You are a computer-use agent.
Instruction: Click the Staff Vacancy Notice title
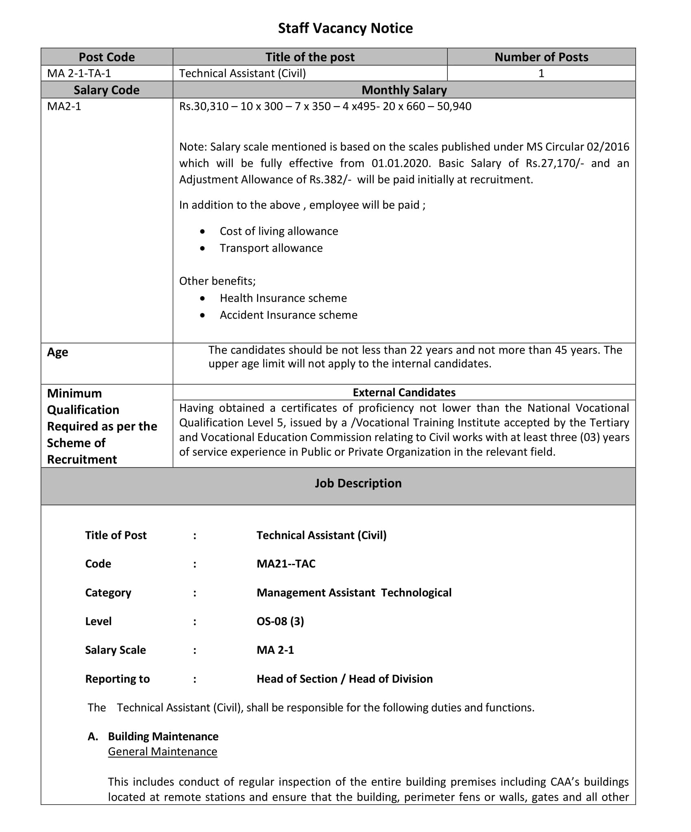point(345,28)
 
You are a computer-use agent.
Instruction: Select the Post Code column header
point(107,57)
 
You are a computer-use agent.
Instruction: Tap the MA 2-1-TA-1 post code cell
point(79,73)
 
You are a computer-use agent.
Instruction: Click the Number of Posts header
point(541,57)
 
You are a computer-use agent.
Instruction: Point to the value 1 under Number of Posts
point(541,73)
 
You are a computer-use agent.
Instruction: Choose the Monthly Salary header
point(404,90)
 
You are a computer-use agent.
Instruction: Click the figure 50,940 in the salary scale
point(454,107)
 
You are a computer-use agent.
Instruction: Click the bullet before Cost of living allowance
point(203,231)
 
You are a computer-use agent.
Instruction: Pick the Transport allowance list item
point(271,248)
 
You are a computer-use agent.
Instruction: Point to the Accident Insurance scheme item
point(288,315)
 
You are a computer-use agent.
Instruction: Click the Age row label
point(58,352)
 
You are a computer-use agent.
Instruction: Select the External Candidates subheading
point(404,392)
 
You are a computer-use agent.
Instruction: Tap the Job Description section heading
point(358,483)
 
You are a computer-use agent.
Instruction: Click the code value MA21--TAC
point(286,563)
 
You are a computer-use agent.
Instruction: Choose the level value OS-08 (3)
point(280,621)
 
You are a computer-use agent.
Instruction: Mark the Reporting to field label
point(118,679)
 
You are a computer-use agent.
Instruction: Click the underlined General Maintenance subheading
point(163,751)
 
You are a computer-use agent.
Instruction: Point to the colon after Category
point(195,593)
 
